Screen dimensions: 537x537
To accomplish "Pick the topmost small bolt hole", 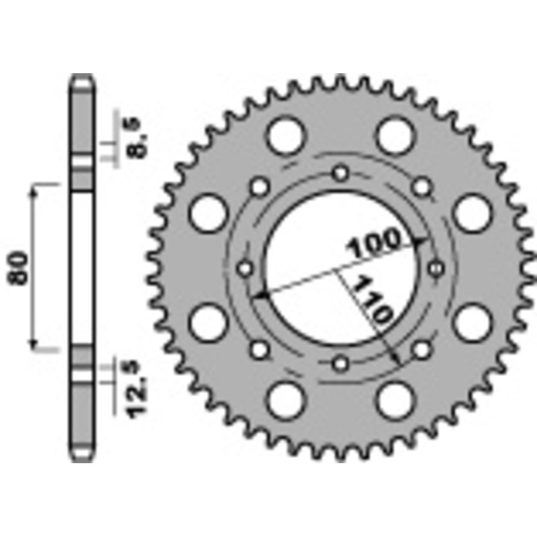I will coord(342,173).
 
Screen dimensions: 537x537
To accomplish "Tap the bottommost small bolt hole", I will coord(342,363).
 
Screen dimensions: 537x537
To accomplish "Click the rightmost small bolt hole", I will coord(437,268).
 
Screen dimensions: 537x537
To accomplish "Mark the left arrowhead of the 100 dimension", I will coord(262,293).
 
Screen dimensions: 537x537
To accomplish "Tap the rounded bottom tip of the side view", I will coord(83,458).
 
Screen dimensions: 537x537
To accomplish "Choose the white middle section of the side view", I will coord(83,267).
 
